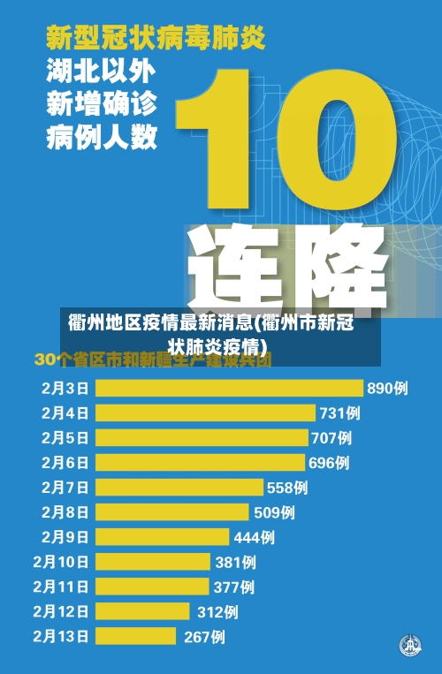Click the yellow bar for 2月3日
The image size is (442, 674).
tap(229, 388)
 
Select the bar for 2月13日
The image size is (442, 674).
tap(136, 636)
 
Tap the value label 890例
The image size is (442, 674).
tap(387, 388)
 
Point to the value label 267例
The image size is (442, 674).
tap(204, 636)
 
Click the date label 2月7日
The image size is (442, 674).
tap(65, 487)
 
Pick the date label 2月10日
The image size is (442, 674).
tap(61, 561)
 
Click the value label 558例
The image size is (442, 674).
tap(287, 487)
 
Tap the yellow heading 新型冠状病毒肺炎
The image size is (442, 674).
tap(155, 38)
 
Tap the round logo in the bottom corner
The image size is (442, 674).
tap(409, 646)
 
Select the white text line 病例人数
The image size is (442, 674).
tap(102, 137)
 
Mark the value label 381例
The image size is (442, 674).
tap(235, 561)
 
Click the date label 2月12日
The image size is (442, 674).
tap(61, 610)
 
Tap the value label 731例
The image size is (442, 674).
tap(339, 413)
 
